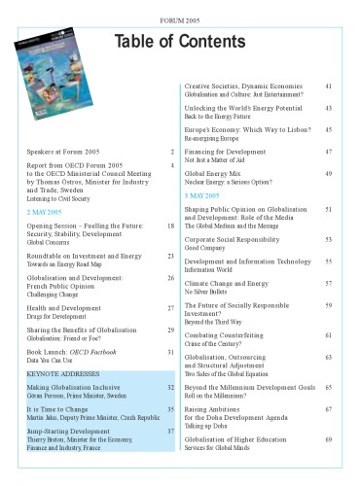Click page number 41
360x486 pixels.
[x=329, y=87]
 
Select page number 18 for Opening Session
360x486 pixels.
[x=170, y=226]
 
